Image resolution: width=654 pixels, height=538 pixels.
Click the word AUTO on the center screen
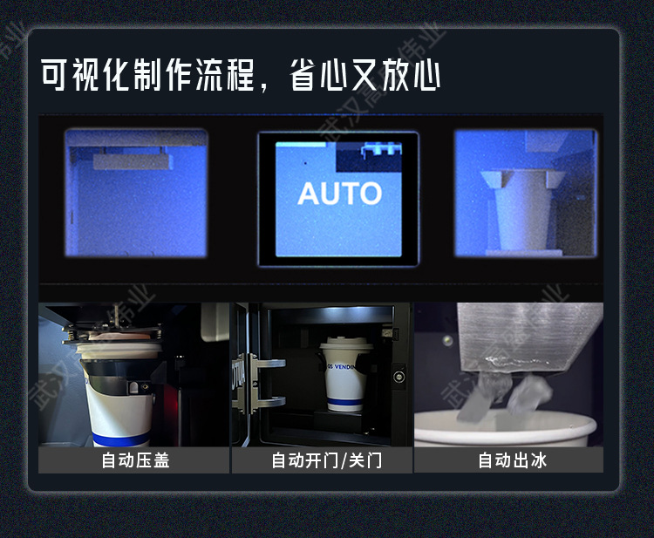[339, 194]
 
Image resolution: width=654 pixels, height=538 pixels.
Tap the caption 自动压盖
[135, 460]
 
